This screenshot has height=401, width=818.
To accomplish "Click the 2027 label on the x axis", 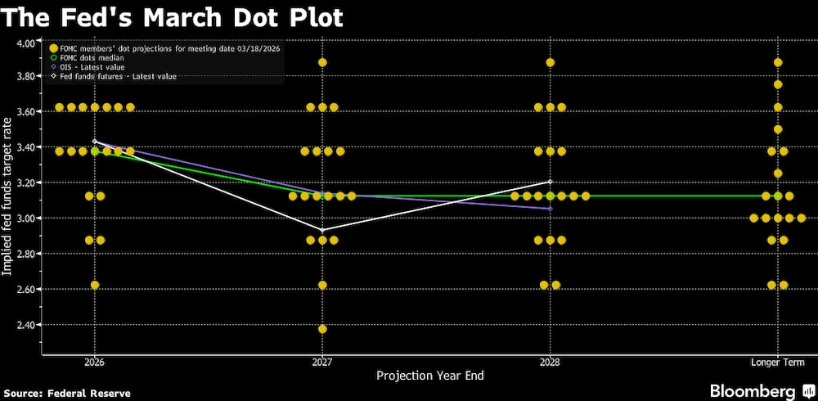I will (322, 362).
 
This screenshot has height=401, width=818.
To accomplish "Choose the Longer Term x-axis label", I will (777, 362).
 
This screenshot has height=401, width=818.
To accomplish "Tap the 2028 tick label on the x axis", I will (550, 362).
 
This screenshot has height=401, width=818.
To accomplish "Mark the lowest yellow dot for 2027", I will (322, 329).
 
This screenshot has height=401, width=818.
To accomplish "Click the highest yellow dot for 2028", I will (551, 63).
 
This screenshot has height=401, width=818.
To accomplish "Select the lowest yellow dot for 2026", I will (95, 285).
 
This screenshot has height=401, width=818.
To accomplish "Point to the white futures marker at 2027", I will (322, 230).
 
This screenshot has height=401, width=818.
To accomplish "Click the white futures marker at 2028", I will (551, 182).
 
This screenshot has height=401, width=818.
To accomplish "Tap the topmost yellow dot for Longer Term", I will (778, 63).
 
